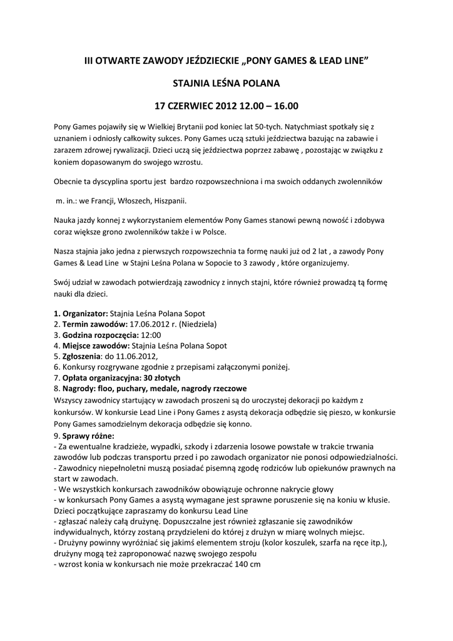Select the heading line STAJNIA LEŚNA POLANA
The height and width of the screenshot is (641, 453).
tap(226, 83)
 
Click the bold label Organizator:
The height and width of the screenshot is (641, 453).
tap(84, 313)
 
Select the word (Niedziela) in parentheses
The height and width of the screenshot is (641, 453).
tap(198, 324)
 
